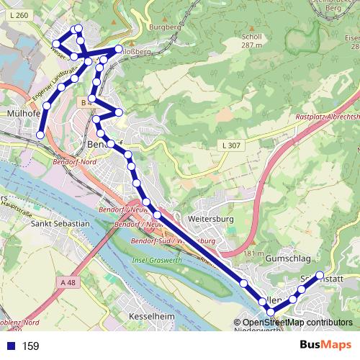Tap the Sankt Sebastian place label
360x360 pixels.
pyautogui.click(x=60, y=224)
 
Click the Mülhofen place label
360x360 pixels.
pyautogui.click(x=22, y=114)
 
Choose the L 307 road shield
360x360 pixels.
pyautogui.click(x=231, y=146)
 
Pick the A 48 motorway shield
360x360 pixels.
pyautogui.click(x=68, y=283)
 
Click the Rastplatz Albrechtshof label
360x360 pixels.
pyautogui.click(x=328, y=117)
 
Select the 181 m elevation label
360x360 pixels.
pyautogui.click(x=254, y=253)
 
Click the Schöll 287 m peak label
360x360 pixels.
pyautogui.click(x=251, y=40)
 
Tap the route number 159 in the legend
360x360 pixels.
pyautogui.click(x=30, y=346)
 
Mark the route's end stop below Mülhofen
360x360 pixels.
pyautogui.click(x=40, y=135)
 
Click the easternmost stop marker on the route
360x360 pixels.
pyautogui.click(x=320, y=275)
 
